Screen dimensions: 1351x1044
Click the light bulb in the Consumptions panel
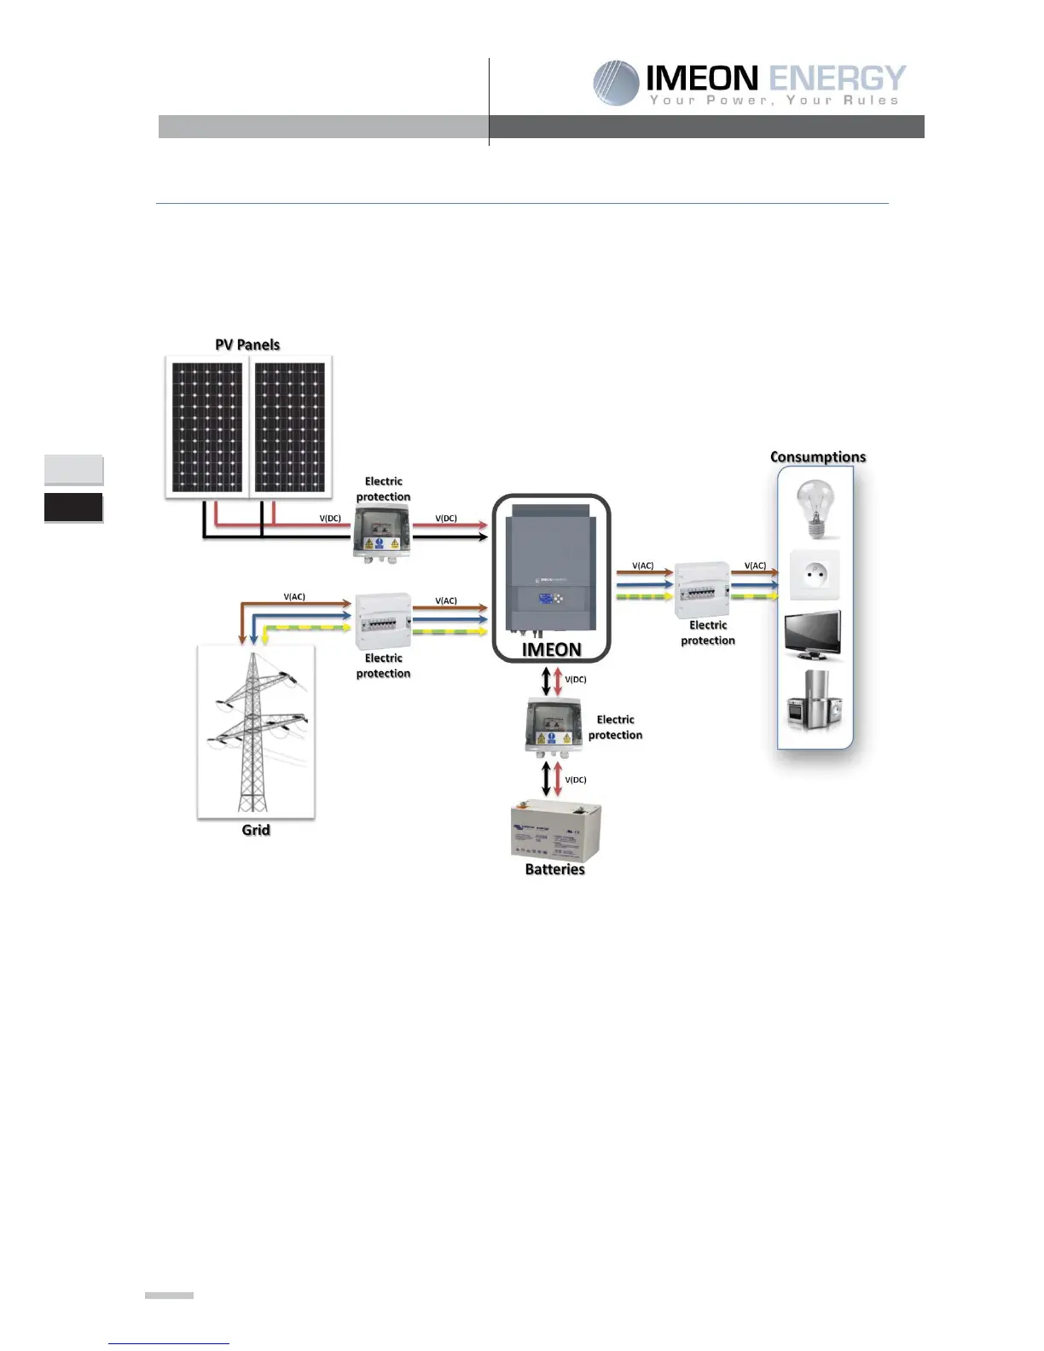point(814,508)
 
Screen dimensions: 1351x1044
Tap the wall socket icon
point(815,575)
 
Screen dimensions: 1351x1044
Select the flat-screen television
point(813,635)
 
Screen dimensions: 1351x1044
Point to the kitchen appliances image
point(813,699)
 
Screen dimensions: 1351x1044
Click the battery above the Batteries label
point(555,830)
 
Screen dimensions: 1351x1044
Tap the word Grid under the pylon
point(256,830)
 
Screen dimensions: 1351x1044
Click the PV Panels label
point(247,345)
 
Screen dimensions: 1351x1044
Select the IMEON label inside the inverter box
point(552,650)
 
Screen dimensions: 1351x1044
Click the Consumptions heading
point(818,457)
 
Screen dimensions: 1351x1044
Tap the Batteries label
point(555,869)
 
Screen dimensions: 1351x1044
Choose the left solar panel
point(207,427)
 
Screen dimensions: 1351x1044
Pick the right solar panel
point(290,427)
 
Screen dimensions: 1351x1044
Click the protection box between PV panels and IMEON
point(382,531)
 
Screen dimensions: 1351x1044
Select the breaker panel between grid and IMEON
point(383,621)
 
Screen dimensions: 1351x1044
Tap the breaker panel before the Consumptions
point(702,589)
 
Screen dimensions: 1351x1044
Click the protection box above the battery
point(554,726)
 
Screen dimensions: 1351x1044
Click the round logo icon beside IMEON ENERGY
point(616,83)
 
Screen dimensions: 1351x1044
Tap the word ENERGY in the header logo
point(837,78)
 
